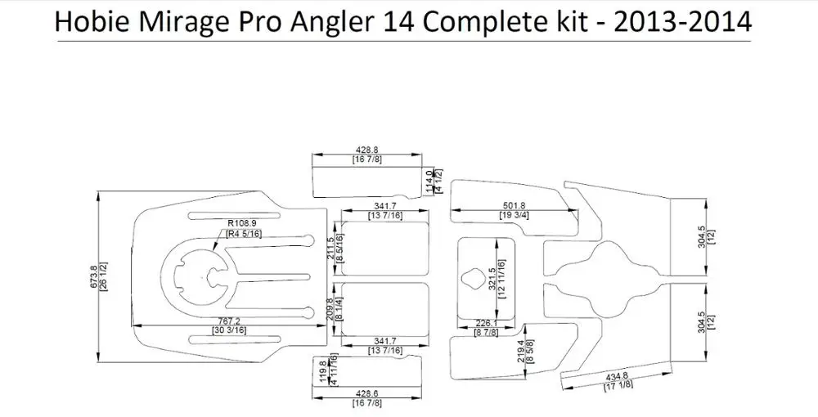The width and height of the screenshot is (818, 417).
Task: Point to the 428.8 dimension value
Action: pos(367,150)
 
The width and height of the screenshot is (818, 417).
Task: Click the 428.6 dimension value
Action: pos(367,393)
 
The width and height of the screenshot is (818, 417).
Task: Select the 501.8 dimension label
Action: pos(513,205)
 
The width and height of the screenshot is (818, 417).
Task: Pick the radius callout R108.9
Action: pos(242,222)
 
